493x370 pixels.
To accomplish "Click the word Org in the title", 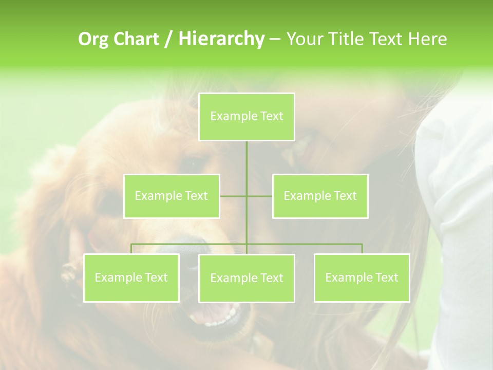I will (x=94, y=39).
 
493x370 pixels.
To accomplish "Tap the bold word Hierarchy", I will (x=221, y=39).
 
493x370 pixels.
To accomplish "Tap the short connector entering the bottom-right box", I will (x=362, y=249).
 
